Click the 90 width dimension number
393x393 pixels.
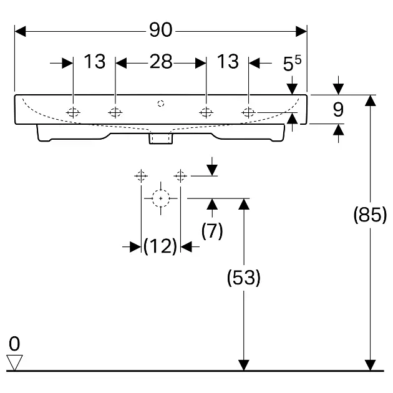[161, 29]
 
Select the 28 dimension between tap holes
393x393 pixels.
[161, 62]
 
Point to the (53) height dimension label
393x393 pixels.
[243, 277]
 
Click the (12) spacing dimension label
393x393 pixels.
[160, 247]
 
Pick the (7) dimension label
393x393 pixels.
[212, 230]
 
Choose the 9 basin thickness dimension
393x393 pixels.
[338, 110]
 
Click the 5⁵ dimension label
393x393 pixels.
[292, 63]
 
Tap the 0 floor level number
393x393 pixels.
[14, 343]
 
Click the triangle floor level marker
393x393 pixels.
[14, 362]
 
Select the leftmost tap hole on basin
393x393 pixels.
[73, 112]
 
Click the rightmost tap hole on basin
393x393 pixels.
[248, 112]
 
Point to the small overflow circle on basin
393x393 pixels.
[161, 102]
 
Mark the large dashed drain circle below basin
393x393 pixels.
[161, 198]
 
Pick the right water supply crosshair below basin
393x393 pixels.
[180, 176]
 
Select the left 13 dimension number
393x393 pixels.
[95, 62]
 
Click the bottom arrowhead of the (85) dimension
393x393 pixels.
[371, 365]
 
